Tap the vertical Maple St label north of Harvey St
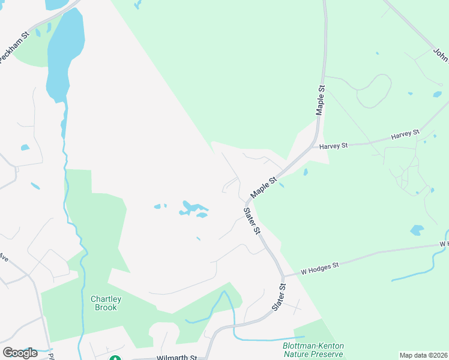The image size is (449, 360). (x=321, y=100)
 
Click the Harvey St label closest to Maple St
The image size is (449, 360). (x=334, y=146)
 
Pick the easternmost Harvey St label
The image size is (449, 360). (x=404, y=134)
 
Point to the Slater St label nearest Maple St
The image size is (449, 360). (x=252, y=221)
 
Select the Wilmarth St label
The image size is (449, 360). (x=176, y=358)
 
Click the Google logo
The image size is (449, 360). (x=20, y=353)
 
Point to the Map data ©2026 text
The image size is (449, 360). (x=423, y=355)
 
